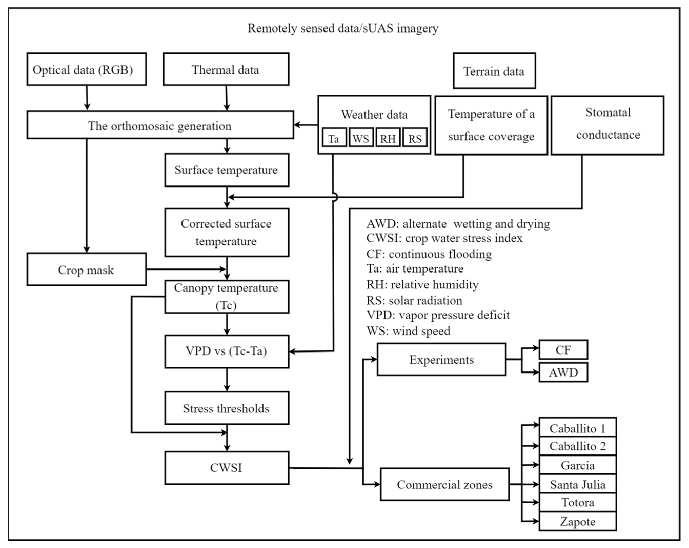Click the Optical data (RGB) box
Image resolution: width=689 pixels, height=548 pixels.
tap(87, 69)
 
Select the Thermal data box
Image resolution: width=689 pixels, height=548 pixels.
tap(226, 69)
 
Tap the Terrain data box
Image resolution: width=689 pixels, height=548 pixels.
tap(494, 71)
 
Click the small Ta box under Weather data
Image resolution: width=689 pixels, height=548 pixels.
tap(334, 138)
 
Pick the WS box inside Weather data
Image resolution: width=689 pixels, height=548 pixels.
tap(361, 138)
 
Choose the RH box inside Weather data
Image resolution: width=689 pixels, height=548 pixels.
tap(388, 138)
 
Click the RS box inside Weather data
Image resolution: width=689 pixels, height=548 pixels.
tap(415, 138)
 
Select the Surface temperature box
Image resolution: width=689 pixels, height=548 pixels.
tap(227, 170)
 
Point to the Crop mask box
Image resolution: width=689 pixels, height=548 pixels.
tap(87, 270)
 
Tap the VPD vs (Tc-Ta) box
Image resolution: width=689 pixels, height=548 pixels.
tap(227, 351)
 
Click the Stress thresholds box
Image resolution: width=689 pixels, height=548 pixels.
tap(227, 408)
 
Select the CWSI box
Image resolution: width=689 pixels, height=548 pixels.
tap(227, 468)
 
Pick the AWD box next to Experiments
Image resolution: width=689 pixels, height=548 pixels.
tap(563, 372)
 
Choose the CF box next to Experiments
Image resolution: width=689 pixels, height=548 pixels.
tap(563, 350)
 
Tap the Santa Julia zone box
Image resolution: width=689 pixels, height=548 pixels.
tap(577, 484)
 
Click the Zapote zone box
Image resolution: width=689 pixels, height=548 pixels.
tap(577, 522)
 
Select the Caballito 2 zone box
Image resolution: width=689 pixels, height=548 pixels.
tap(577, 446)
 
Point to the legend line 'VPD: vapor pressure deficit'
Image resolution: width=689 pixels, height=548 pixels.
tap(438, 315)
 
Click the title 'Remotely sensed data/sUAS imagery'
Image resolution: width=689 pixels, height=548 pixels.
tap(343, 28)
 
